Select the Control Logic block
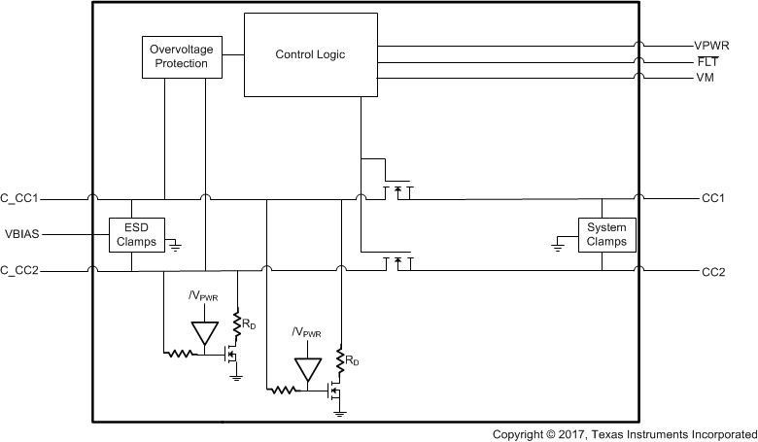click(310, 54)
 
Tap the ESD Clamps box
click(135, 234)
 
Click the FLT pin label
click(707, 60)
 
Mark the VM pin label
click(706, 77)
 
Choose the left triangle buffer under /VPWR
click(204, 333)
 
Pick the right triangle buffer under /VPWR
click(306, 369)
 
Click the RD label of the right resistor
click(352, 361)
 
